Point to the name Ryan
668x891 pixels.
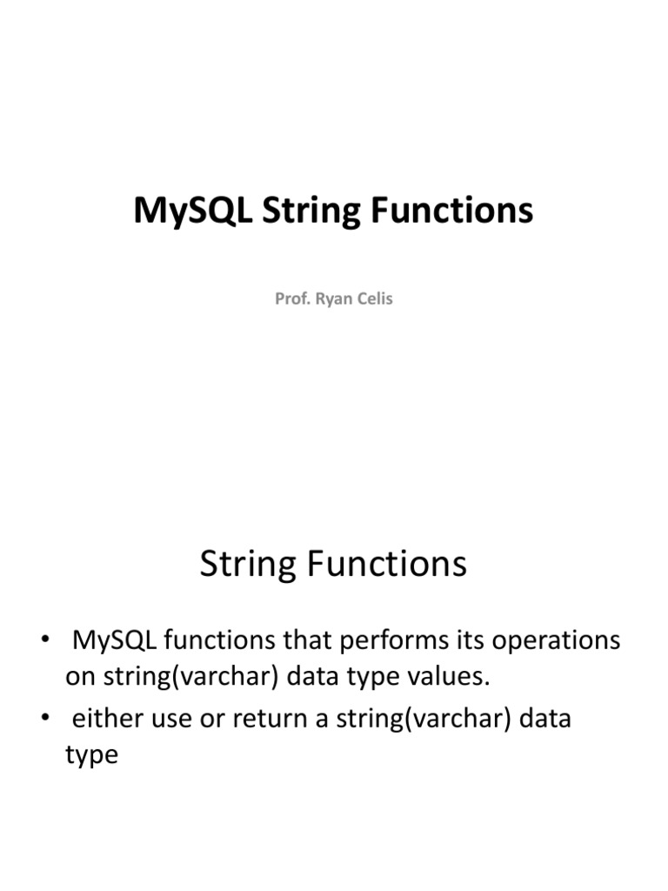(x=333, y=298)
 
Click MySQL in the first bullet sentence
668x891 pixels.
(x=114, y=641)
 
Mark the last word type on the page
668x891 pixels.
(x=91, y=755)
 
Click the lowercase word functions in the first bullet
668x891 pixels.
(x=226, y=641)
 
